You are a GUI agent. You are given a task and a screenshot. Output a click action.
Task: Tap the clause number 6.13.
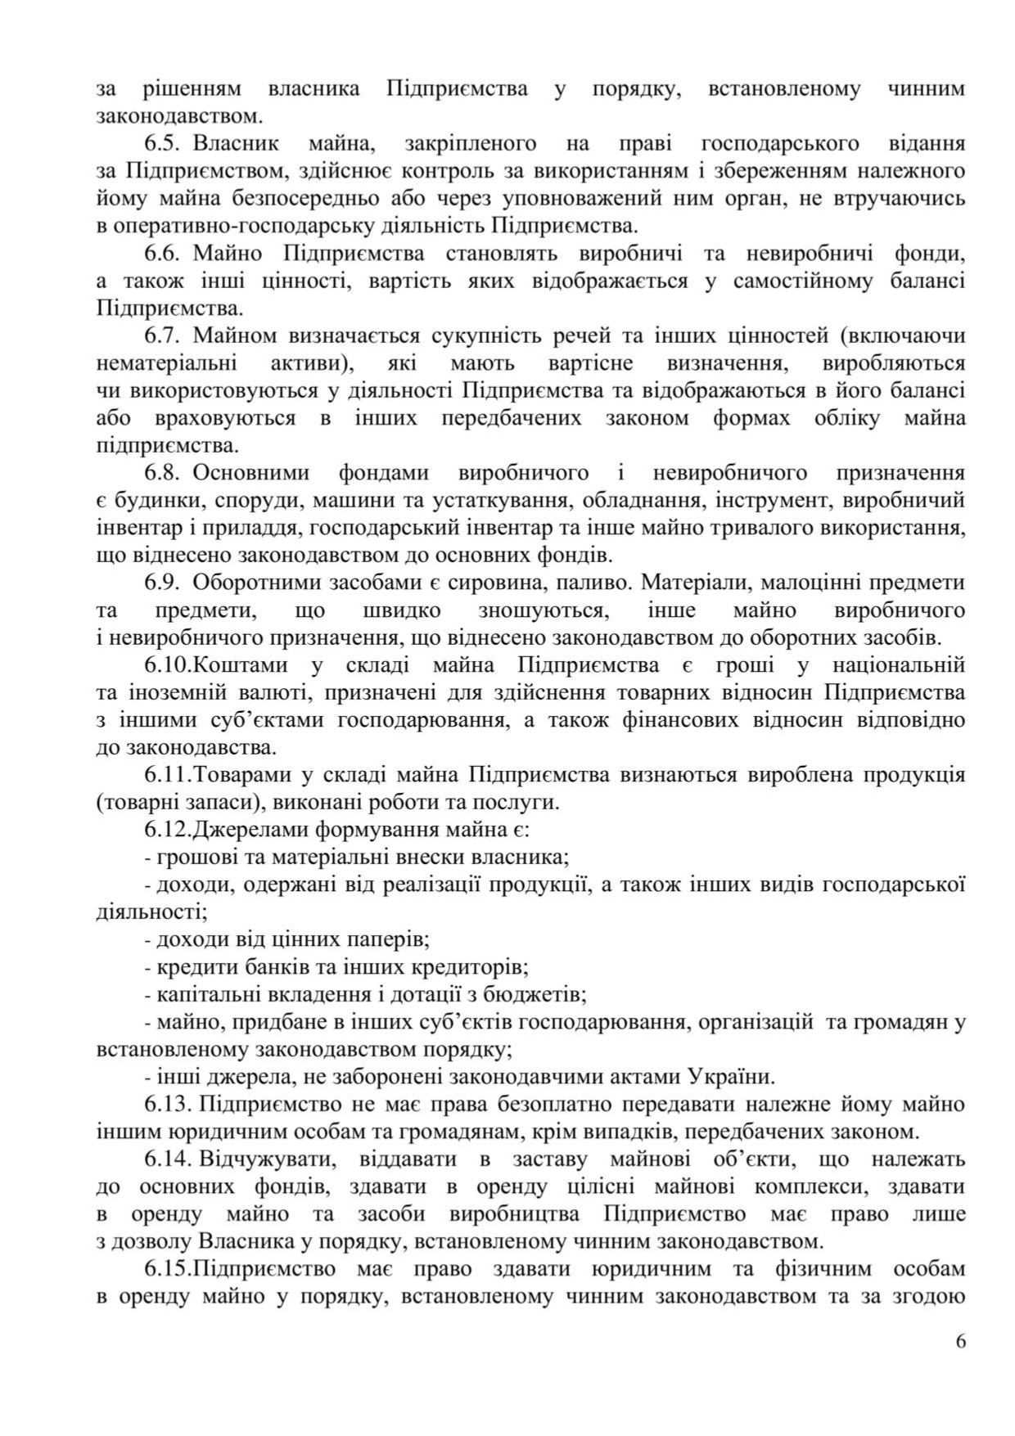click(x=168, y=1104)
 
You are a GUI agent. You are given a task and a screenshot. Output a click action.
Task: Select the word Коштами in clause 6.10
click(x=236, y=665)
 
